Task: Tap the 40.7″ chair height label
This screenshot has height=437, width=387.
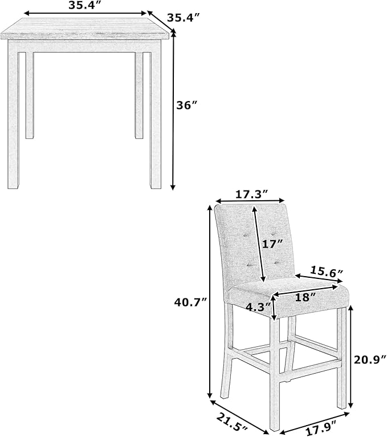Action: [191, 302]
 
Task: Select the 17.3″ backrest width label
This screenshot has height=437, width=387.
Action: [252, 194]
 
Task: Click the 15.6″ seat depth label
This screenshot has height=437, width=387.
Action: [327, 271]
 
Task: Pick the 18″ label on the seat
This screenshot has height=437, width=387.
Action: [305, 297]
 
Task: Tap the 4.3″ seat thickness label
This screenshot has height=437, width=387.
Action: [258, 306]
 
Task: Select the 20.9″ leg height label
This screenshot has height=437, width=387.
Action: [370, 360]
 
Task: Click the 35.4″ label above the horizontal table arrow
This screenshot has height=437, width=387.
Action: [85, 6]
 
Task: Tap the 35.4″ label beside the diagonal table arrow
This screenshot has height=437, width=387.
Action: [184, 18]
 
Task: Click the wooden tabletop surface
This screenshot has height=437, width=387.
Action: [85, 29]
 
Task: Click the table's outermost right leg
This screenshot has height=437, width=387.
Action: [156, 115]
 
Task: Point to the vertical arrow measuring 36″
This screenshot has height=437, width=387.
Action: [173, 110]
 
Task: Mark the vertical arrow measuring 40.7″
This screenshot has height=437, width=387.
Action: [210, 302]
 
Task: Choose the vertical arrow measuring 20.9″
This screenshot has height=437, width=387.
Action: [351, 357]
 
